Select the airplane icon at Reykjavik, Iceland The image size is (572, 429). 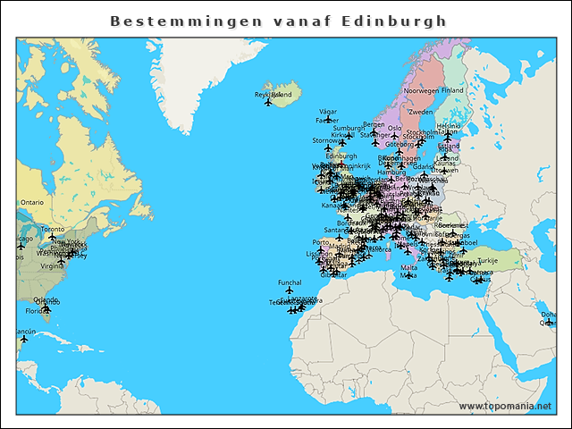click(x=268, y=103)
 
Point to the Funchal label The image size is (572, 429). click(x=290, y=283)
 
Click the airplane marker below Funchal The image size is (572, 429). click(x=290, y=292)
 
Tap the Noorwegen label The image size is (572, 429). click(x=421, y=91)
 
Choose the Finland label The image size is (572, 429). click(x=452, y=91)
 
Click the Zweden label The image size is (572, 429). click(x=420, y=113)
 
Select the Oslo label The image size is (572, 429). click(x=394, y=128)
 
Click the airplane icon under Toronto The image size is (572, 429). click(x=52, y=238)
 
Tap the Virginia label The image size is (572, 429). click(x=52, y=265)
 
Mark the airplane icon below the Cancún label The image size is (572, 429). click(x=24, y=340)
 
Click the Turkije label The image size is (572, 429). click(x=512, y=261)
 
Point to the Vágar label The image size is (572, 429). click(x=328, y=112)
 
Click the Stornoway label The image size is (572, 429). click(x=326, y=140)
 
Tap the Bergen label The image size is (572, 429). click(x=374, y=125)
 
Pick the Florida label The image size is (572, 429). click(x=36, y=311)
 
